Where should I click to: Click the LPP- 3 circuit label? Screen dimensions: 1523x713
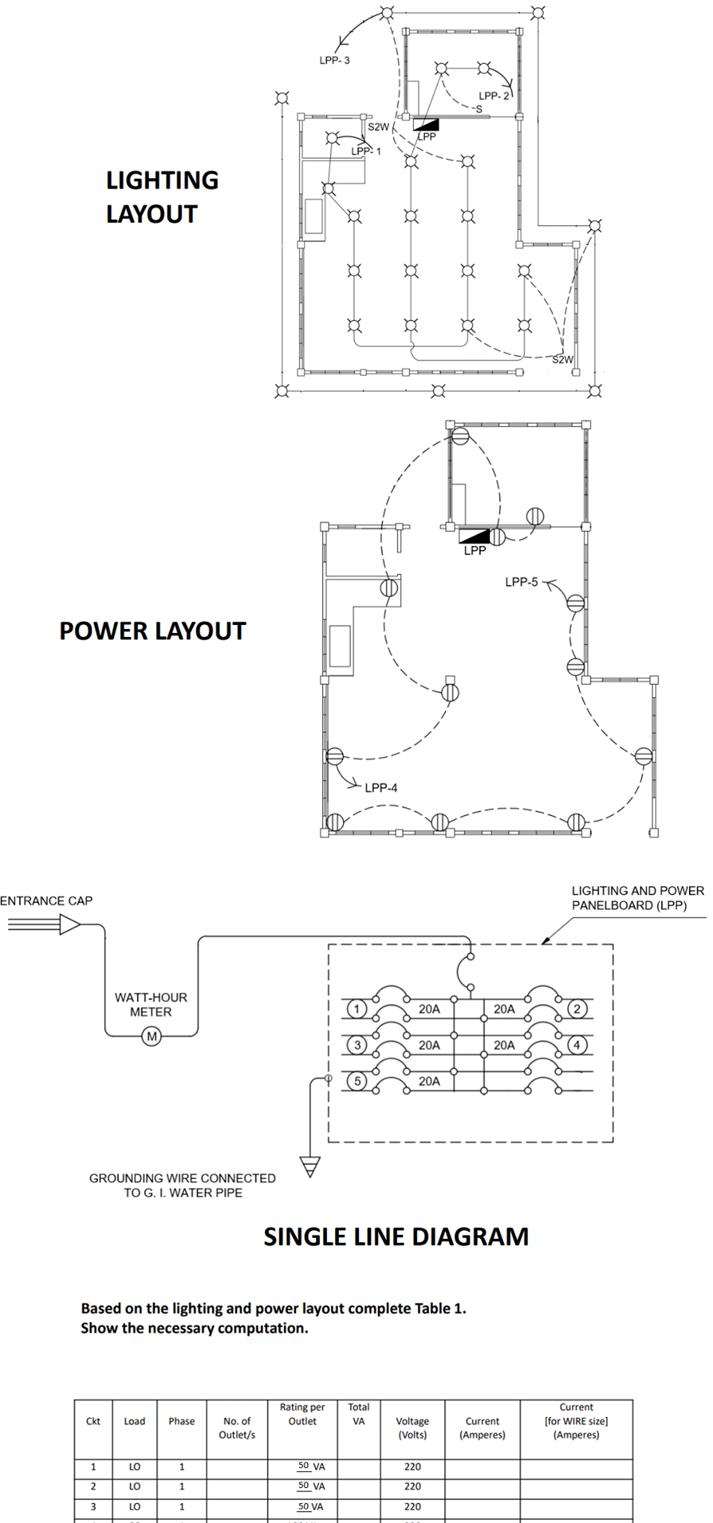(334, 61)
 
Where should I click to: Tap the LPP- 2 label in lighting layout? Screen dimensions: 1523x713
(493, 96)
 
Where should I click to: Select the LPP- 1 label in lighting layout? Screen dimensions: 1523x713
(366, 151)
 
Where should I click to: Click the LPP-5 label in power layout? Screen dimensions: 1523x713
(521, 582)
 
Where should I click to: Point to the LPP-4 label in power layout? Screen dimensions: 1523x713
(381, 787)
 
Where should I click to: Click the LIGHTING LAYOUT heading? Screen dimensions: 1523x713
(162, 197)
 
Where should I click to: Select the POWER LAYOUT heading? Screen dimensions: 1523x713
(153, 631)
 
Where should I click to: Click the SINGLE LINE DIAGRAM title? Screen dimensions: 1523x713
(396, 1236)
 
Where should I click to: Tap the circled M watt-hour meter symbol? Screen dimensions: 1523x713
(151, 1037)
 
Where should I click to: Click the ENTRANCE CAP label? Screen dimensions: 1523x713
(46, 900)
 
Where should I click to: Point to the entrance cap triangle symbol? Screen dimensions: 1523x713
(70, 924)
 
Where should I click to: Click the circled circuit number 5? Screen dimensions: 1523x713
(357, 1081)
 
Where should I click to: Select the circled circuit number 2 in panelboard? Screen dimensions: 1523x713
(577, 1009)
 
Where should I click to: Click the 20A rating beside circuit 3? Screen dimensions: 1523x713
(429, 1045)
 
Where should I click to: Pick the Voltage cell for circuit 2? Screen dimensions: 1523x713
(412, 1486)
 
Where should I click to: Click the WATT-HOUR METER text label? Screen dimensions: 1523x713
(150, 1004)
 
